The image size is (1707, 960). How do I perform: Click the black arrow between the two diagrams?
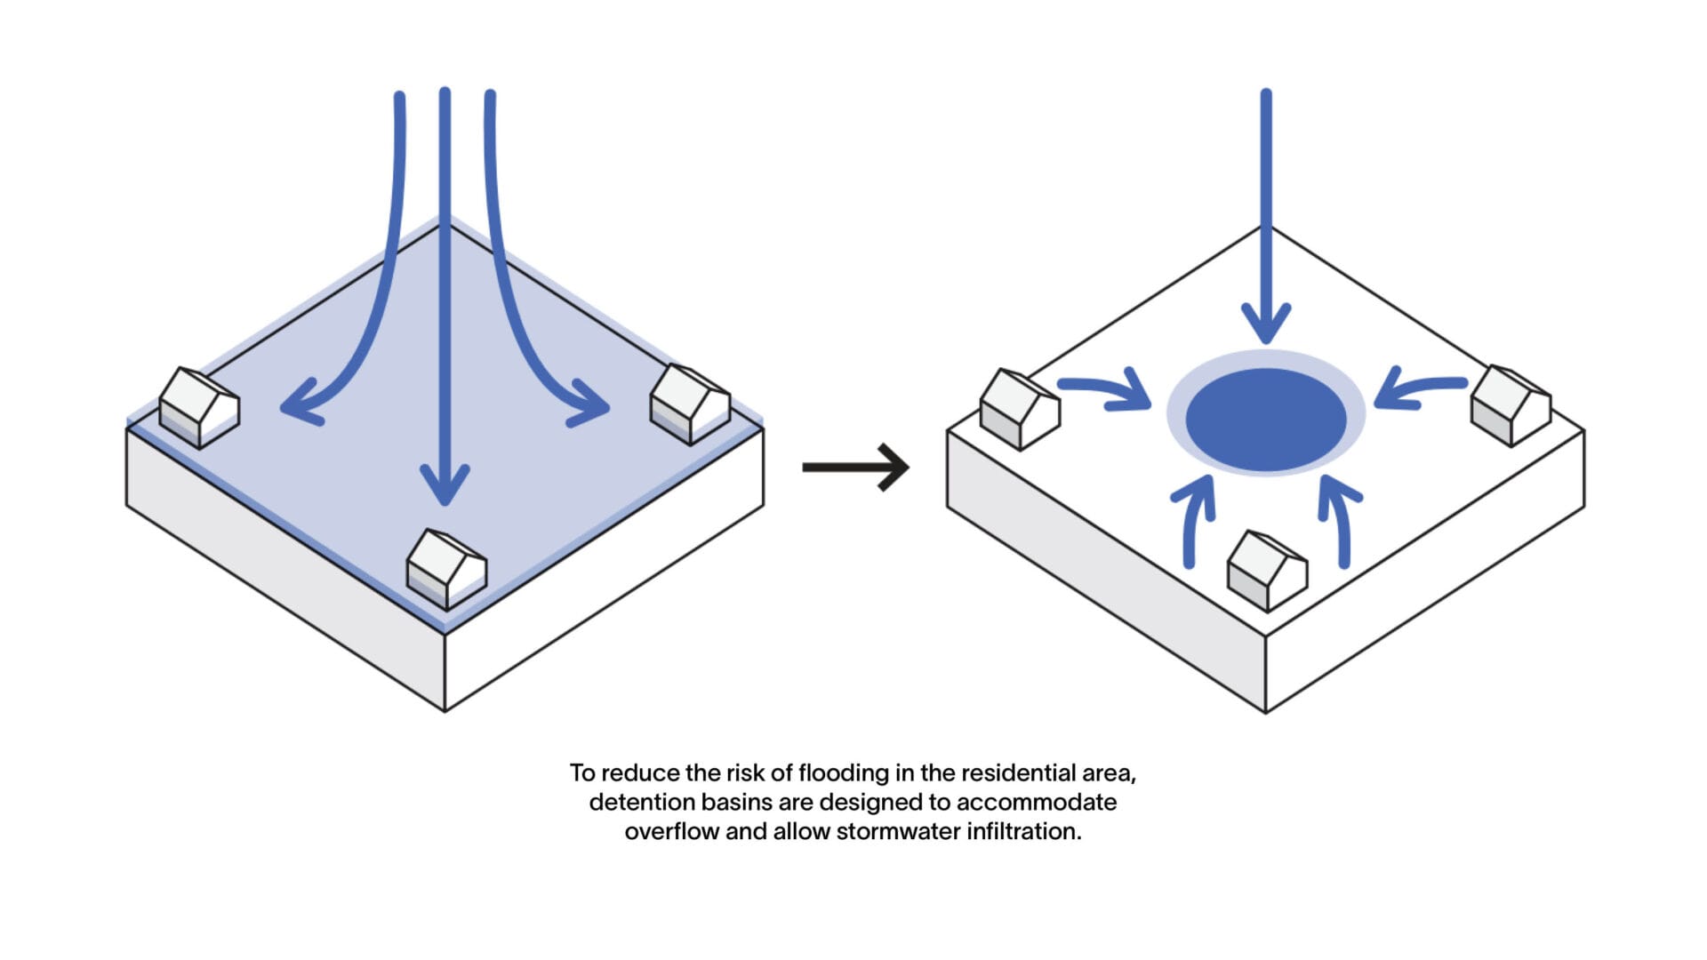(855, 467)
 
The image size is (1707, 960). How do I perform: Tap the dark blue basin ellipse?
(1266, 420)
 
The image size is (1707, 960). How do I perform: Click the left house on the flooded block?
(199, 407)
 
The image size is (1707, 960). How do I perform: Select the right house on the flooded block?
(691, 404)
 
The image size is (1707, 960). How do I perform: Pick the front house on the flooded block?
(446, 570)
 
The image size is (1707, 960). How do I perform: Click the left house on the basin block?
(1020, 409)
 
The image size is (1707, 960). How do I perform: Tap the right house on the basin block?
(1511, 405)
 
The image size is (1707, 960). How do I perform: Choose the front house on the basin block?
(1267, 572)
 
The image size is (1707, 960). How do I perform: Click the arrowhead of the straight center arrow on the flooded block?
(445, 484)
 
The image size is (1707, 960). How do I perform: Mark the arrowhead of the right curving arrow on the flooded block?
(589, 404)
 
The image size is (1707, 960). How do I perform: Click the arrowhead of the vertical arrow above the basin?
(1266, 323)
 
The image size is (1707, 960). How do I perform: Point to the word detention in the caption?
(641, 803)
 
